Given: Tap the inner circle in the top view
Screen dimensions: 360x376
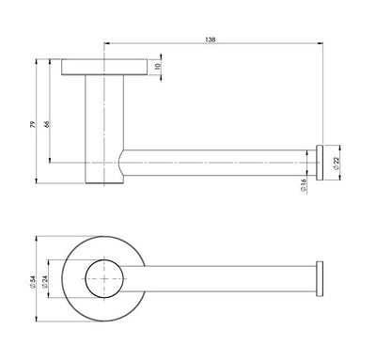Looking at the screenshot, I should pyautogui.click(x=103, y=279).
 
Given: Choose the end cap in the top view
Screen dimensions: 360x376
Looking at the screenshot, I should pyautogui.click(x=321, y=279).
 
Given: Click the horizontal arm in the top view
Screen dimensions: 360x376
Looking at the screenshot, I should pyautogui.click(x=226, y=279).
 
